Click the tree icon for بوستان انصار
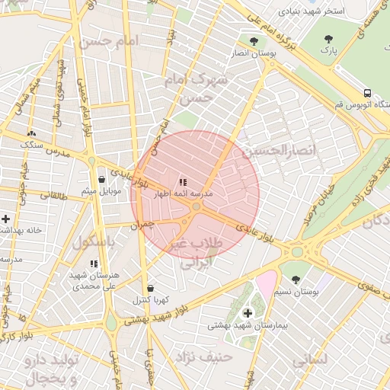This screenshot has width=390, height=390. coord(254,40)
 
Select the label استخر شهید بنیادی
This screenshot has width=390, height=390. coord(312,12)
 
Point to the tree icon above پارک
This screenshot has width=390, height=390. coord(328,39)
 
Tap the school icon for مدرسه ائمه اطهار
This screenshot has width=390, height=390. coord(183,182)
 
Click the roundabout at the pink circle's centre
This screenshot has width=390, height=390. coord(196,206)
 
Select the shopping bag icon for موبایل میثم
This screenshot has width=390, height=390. coord(101,179)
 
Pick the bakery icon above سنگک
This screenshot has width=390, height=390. coord(31,133)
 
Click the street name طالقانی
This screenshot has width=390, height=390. coord(54,194)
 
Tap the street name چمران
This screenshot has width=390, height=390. coord(142,225)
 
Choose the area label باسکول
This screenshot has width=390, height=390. coord(93,242)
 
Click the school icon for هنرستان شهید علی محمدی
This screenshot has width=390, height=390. coord(94,264)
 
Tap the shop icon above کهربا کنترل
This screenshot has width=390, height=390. coord(150,289)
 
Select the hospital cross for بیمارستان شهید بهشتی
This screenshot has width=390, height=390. coord(248,313)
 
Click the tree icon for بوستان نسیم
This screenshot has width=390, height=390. coord(296,280)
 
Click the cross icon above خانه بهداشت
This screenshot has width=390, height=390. coord(6,219)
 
